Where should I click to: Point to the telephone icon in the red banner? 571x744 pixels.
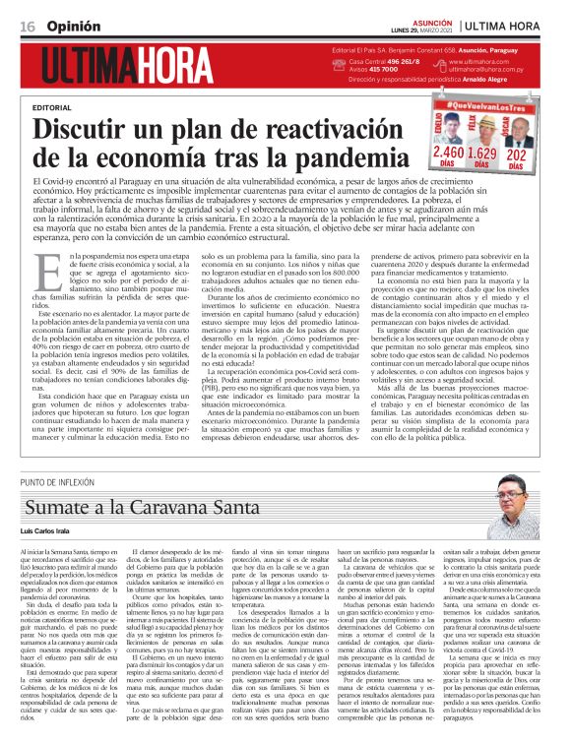coord(340,61)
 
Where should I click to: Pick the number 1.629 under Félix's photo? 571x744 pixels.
coord(481,154)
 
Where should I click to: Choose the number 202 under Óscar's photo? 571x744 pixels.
coord(516,154)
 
